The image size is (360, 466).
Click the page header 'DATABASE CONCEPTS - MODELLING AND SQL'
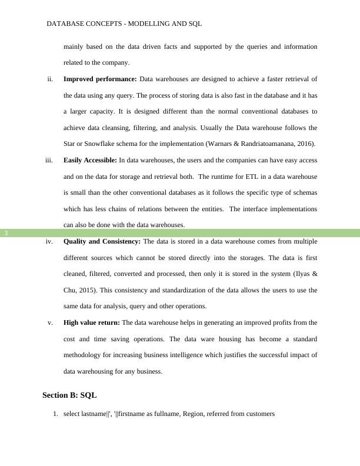pos(124,24)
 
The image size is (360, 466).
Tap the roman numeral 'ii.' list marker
pos(51,79)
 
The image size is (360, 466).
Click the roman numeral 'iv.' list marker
pos(49,241)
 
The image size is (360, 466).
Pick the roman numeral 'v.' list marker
pos(51,322)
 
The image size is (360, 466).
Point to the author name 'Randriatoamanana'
pos(266,144)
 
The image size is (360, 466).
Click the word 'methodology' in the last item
pos(84,355)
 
